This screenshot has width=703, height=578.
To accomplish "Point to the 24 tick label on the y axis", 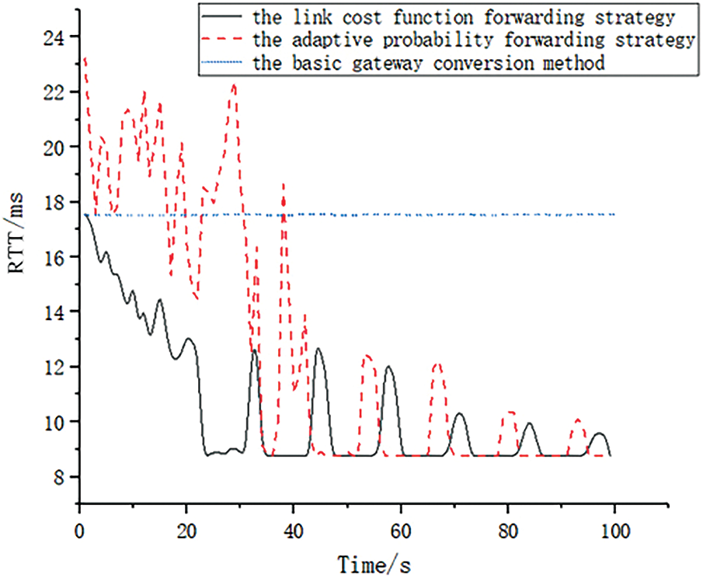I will coord(57,37).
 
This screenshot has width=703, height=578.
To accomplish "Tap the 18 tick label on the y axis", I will coord(57,201).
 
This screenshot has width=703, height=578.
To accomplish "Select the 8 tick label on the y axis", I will coord(61,476).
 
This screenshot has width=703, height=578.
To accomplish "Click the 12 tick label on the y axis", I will coord(57,366).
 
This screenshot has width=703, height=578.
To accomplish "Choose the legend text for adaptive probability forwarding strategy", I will coord(473,40).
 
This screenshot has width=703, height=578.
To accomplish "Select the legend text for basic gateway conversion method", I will coord(428,63).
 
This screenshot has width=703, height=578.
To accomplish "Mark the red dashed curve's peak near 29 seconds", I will coord(234,85).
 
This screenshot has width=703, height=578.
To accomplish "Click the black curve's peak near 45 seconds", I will coord(318,349).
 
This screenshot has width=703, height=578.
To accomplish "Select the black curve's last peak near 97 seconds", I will coord(598,433).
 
